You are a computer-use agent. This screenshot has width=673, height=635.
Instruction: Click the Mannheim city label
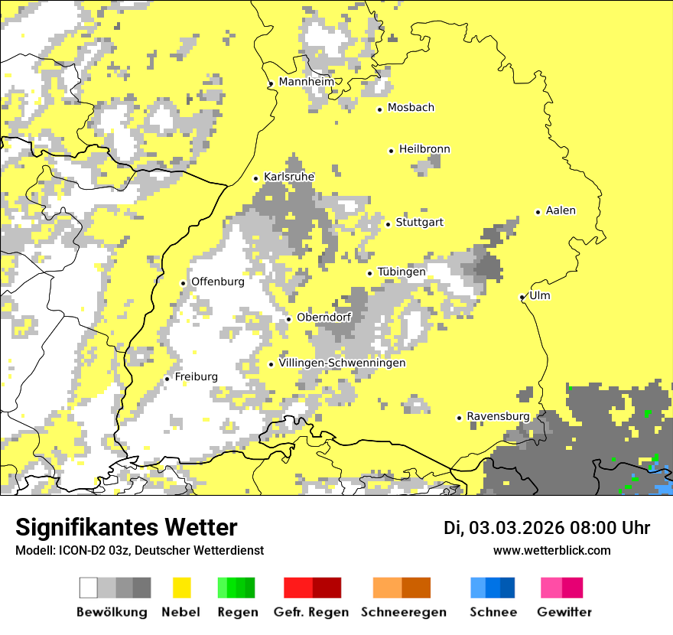pyautogui.click(x=307, y=82)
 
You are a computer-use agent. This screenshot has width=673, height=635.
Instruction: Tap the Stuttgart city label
pyautogui.click(x=419, y=223)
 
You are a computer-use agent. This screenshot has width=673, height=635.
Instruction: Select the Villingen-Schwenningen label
pyautogui.click(x=342, y=363)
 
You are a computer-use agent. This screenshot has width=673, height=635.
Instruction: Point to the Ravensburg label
pyautogui.click(x=498, y=416)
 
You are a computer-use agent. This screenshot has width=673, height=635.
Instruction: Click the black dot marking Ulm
pyautogui.click(x=522, y=297)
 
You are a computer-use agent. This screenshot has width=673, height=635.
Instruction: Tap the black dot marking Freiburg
pyautogui.click(x=167, y=379)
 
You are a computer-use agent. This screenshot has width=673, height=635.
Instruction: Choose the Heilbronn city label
pyautogui.click(x=424, y=149)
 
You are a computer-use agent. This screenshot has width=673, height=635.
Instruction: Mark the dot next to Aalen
pyautogui.click(x=538, y=212)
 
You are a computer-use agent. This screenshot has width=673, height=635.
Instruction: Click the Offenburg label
pyautogui.click(x=217, y=282)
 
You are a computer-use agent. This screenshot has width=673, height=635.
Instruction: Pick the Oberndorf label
pyautogui.click(x=323, y=317)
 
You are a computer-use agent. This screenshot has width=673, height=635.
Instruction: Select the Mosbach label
pyautogui.click(x=411, y=108)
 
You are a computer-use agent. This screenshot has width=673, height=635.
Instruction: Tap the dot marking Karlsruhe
pyautogui.click(x=256, y=178)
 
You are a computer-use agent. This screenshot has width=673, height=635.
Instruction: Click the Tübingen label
pyautogui.click(x=402, y=272)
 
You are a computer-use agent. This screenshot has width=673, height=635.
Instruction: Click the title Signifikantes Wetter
pyautogui.click(x=126, y=527)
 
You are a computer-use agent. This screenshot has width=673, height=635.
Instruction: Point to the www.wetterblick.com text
pyautogui.click(x=551, y=550)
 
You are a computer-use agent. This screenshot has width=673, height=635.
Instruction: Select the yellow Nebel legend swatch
pyautogui.click(x=182, y=588)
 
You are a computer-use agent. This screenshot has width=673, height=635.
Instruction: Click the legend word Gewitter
pyautogui.click(x=564, y=612)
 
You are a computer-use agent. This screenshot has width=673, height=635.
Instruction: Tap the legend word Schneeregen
pyautogui.click(x=404, y=612)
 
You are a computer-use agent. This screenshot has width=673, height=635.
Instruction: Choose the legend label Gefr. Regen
pyautogui.click(x=311, y=612)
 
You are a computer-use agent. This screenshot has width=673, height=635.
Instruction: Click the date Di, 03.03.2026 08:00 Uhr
pyautogui.click(x=547, y=528)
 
